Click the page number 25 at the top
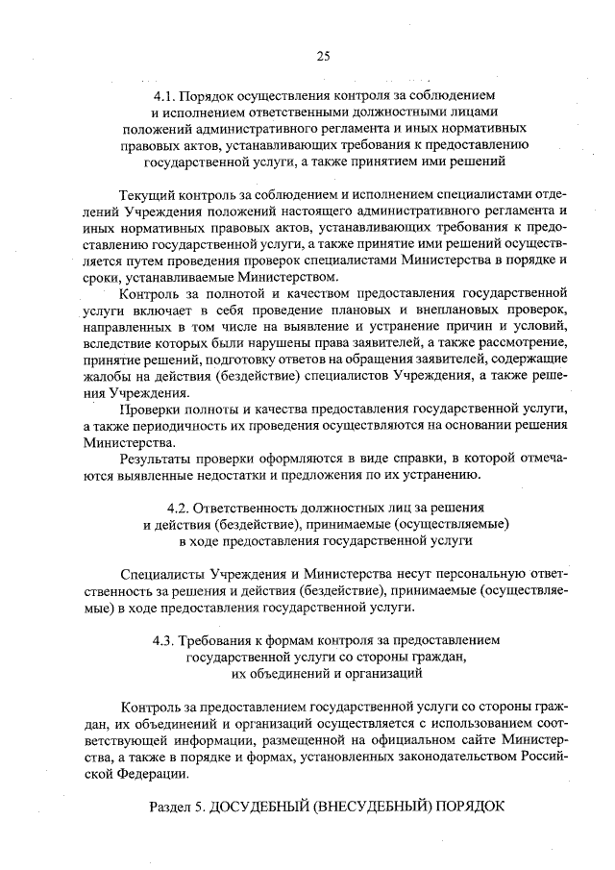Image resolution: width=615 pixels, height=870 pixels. pos(323,56)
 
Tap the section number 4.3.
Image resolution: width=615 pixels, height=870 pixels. pos(167,639)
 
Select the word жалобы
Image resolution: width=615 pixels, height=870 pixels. pos(106,377)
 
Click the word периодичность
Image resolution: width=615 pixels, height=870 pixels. pos(187,427)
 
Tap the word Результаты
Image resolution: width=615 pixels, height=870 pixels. pos(156,460)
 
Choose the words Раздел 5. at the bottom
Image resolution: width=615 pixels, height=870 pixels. pos(179,806)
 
